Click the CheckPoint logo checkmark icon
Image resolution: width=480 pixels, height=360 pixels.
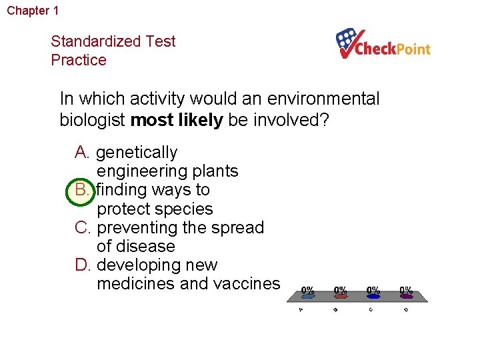351,43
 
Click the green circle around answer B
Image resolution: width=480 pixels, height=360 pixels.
81,191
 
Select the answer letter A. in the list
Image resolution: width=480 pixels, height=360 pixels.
83,153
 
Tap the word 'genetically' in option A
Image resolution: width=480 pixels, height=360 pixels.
137,153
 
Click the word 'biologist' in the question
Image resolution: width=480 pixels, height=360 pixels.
93,120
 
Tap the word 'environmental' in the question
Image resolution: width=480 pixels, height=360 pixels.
323,99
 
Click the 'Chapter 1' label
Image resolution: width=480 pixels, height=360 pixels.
33,11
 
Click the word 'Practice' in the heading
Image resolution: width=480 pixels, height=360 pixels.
79,60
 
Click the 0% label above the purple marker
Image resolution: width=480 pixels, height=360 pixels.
406,291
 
